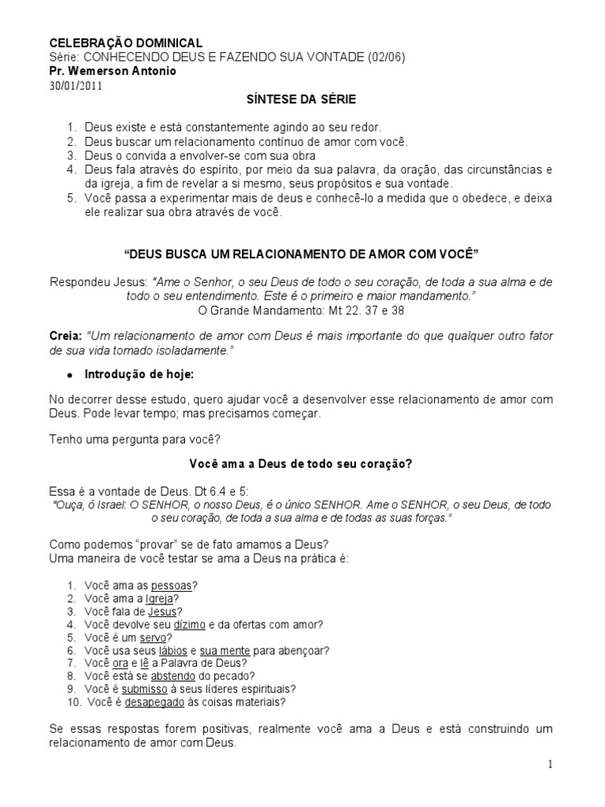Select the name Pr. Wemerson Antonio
[x=113, y=72]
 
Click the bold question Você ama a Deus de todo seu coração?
[x=302, y=464]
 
